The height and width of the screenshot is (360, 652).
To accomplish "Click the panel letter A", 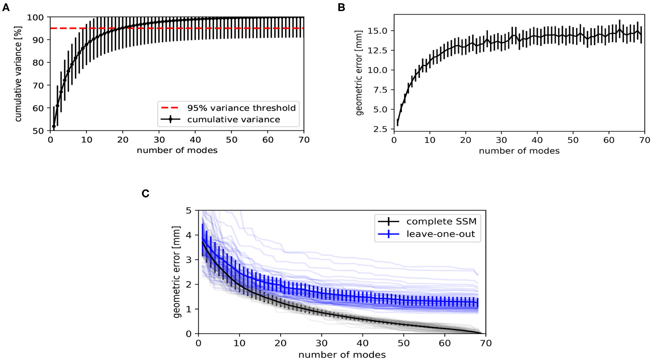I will coord(6,7).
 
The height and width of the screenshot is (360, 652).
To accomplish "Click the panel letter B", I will coord(341,7).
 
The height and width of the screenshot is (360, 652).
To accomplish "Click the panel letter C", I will coord(145,194).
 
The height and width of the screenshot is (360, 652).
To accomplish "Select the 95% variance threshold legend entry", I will coord(241,108).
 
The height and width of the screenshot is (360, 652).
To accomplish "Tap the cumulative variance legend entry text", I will coord(233,120).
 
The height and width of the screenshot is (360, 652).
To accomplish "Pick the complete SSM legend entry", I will coord(441,222).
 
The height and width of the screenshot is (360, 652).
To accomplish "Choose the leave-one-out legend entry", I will coord(441,234).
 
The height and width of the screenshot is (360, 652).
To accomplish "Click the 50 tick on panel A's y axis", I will coord(38,131).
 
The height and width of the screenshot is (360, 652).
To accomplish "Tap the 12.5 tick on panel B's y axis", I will coord(377,50).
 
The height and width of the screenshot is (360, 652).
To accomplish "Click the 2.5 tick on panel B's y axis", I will coord(380,129).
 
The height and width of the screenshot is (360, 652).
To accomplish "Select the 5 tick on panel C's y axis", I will coord(189,211).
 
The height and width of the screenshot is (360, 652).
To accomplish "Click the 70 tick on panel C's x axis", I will coord(486,343).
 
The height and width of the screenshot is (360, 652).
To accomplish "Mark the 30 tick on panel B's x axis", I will coord(501,140).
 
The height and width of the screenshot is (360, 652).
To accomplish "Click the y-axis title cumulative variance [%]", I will coord(18,74).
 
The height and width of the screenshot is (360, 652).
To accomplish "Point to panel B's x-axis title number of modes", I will coord(519,151).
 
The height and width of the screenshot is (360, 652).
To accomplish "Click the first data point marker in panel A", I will coord(54,126).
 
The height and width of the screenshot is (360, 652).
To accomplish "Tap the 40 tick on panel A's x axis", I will coord(195,140).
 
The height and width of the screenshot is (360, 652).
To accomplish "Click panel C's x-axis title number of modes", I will coord(342,355).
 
